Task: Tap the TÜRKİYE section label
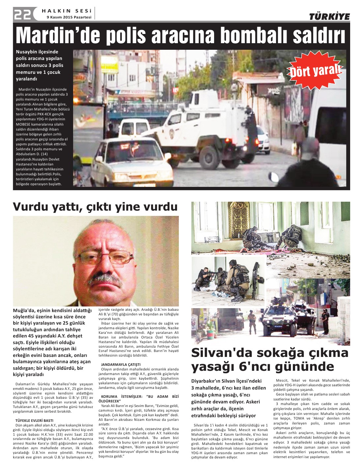[x=329, y=17]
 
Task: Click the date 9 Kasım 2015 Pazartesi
[x=69, y=17]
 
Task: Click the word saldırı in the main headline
[x=313, y=36]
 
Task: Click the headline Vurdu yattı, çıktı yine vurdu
[x=95, y=207]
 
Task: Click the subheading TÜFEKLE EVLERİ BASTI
[x=34, y=421]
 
